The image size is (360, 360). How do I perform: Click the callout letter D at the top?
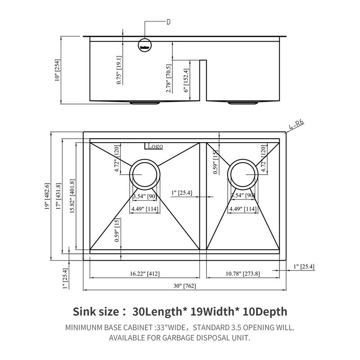pyautogui.click(x=168, y=22)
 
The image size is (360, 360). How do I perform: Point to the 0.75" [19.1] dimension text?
pyautogui.click(x=119, y=70)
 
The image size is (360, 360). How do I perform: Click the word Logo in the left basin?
pyautogui.click(x=154, y=146)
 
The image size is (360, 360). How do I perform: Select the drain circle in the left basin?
pyautogui.click(x=144, y=173)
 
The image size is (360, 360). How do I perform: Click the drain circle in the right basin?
pyautogui.click(x=243, y=173)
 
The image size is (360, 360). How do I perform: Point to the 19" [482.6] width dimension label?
pyautogui.click(x=46, y=197)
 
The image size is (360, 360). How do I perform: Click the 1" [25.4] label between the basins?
pyautogui.click(x=182, y=193)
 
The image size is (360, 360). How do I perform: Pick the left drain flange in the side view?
pyautogui.click(x=145, y=103)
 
